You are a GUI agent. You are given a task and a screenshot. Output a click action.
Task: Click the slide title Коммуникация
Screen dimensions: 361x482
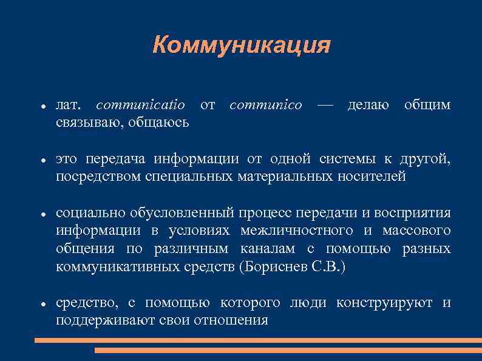pyautogui.click(x=241, y=45)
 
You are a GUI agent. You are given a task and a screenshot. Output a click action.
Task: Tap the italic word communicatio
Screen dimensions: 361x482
pyautogui.click(x=141, y=105)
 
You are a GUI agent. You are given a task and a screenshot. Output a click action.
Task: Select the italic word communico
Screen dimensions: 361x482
pyautogui.click(x=265, y=105)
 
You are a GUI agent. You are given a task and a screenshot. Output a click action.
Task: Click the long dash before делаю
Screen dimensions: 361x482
pyautogui.click(x=325, y=105)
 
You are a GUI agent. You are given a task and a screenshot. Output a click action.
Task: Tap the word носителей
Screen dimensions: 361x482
pyautogui.click(x=375, y=177)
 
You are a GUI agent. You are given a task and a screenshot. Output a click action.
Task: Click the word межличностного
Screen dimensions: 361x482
pyautogui.click(x=296, y=231)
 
